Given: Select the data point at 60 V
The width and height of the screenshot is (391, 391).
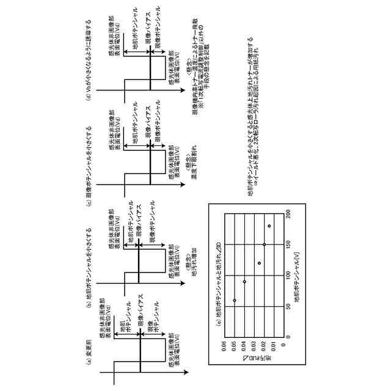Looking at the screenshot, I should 235,301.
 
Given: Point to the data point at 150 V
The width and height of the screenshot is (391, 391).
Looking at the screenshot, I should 264,244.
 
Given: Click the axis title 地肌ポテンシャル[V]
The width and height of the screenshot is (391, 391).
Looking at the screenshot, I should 297,275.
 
